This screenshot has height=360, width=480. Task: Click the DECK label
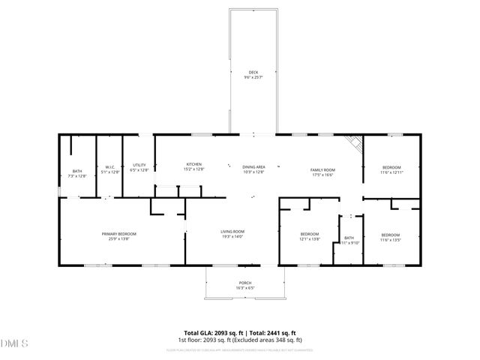[253, 72]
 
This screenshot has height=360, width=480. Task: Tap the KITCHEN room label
[194, 164]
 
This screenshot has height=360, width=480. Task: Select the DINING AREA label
[253, 166]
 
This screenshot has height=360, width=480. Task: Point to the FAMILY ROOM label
[322, 170]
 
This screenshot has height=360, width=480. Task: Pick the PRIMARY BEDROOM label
[119, 234]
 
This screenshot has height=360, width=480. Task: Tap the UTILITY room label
[139, 165]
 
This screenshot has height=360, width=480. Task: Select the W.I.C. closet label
[109, 167]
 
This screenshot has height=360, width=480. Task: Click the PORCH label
[244, 283]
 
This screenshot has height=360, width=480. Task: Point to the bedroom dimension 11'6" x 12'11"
[391, 172]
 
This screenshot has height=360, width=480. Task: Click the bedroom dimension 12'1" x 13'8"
[310, 239]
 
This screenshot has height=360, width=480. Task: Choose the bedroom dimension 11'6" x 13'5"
[391, 239]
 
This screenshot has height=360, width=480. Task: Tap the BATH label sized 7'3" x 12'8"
[77, 171]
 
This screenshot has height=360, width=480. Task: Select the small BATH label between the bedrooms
[349, 237]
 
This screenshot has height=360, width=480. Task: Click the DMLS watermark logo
[13, 343]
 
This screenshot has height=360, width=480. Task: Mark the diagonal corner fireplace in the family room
[353, 143]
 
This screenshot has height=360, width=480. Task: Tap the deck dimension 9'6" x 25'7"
[253, 77]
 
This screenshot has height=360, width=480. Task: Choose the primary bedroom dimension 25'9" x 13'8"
[119, 239]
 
